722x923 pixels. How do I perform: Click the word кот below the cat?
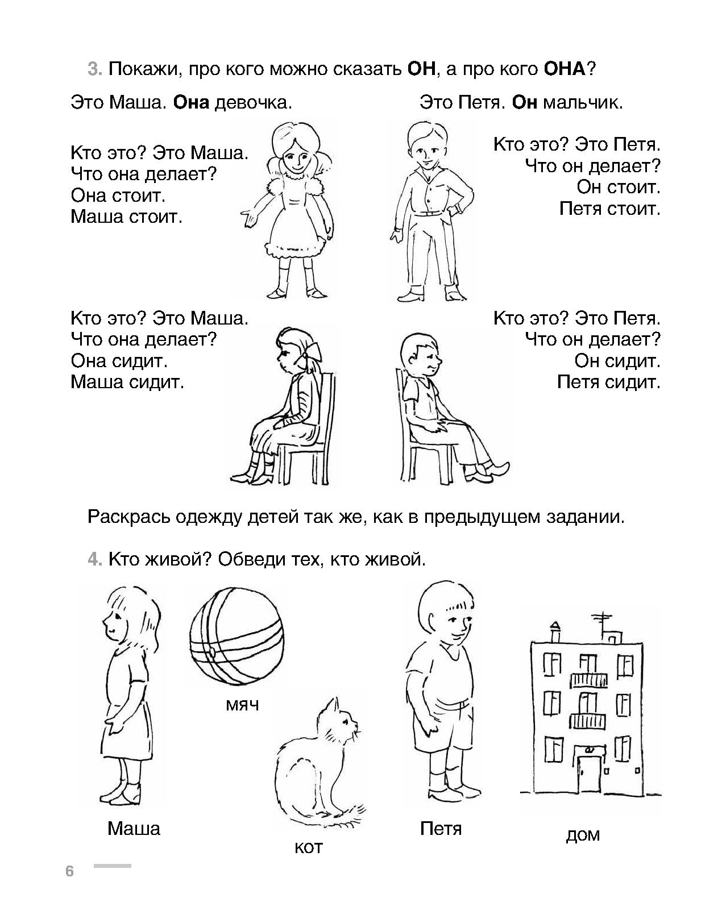pyautogui.click(x=308, y=847)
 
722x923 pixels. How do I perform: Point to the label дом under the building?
pyautogui.click(x=583, y=835)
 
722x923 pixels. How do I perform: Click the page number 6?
pyautogui.click(x=69, y=871)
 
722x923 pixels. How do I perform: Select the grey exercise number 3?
pyautogui.click(x=95, y=69)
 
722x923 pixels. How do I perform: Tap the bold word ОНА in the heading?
pyautogui.click(x=565, y=69)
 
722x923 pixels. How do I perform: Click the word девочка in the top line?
pyautogui.click(x=254, y=103)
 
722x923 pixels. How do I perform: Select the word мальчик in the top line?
pyautogui.click(x=583, y=103)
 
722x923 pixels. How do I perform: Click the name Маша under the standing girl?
pyautogui.click(x=134, y=828)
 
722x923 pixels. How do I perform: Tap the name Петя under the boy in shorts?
pyautogui.click(x=441, y=828)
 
